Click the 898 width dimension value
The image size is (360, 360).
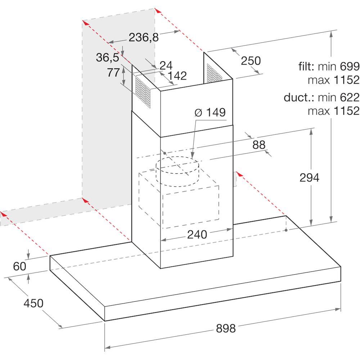[226, 328]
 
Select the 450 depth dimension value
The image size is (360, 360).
[33, 303]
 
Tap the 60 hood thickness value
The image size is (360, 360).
[20, 266]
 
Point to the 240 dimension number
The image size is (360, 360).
[197, 235]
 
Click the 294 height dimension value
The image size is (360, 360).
[309, 177]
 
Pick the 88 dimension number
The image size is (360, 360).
[259, 145]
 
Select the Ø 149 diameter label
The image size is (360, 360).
[210, 113]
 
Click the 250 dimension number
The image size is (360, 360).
[251, 60]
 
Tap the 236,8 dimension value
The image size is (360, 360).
[144, 37]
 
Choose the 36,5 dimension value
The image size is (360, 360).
[107, 57]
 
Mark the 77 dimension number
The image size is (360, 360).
[113, 73]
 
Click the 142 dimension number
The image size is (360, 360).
[177, 76]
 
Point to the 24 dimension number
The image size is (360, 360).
[166, 65]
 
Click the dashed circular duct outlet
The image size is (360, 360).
[177, 172]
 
